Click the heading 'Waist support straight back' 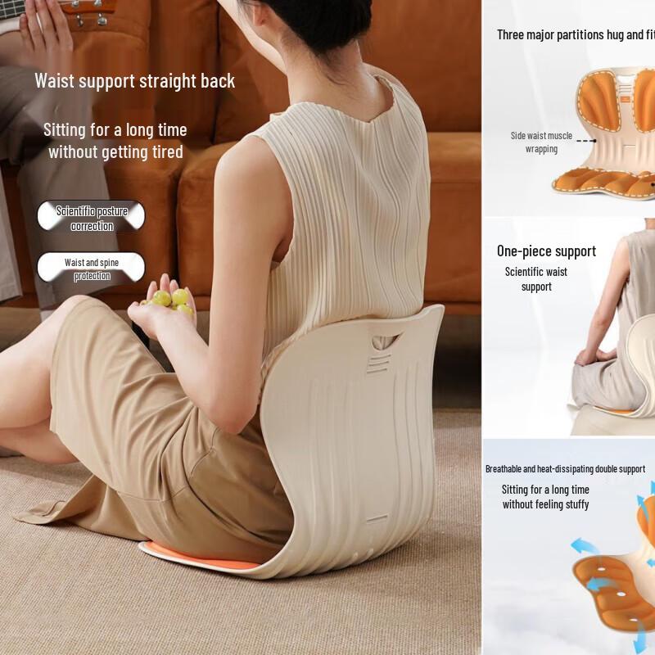pos(134,81)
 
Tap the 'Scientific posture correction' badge pos(91,218)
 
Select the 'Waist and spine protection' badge pos(91,269)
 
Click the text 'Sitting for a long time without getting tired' pos(115,141)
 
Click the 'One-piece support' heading pos(546,251)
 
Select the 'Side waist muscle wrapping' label pos(540,142)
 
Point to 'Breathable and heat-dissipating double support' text pos(565,469)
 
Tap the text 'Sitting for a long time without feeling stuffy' pos(545,497)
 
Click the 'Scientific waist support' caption pos(536,279)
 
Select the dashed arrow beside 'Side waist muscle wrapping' pos(585,141)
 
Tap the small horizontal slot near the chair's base pos(377,518)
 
